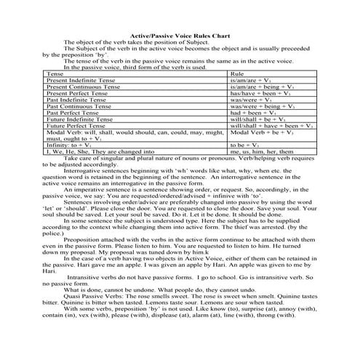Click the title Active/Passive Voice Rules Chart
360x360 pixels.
point(180,34)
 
